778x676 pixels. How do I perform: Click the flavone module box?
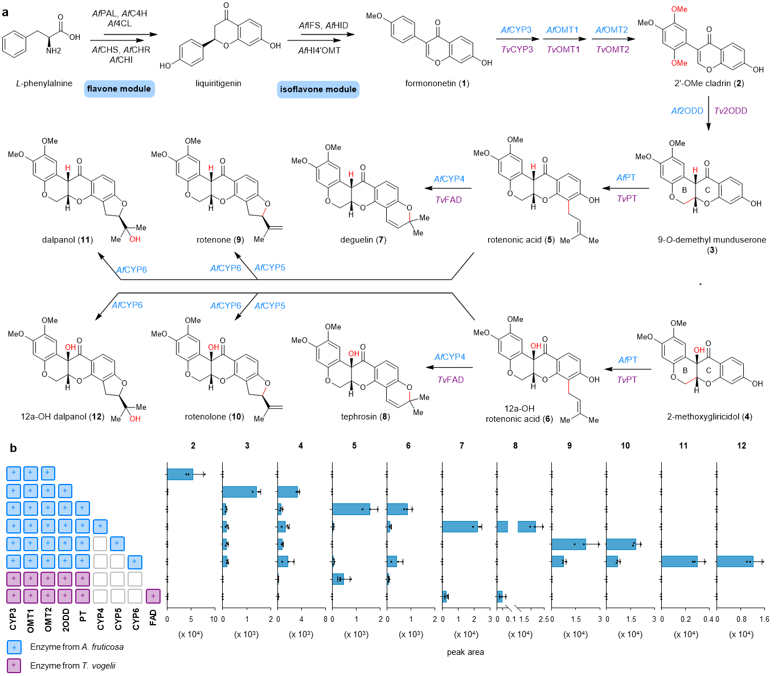click(119, 89)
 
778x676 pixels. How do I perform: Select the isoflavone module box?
click(318, 89)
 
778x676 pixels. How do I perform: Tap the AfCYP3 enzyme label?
click(516, 30)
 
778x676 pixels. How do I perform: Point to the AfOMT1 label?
click(562, 30)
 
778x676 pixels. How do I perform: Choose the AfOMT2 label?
click(612, 30)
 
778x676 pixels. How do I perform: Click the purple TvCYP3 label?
click(517, 50)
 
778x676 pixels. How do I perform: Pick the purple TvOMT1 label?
click(563, 50)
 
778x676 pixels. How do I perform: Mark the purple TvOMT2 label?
click(612, 50)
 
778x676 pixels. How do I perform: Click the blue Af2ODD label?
click(687, 111)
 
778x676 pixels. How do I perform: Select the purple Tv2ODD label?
click(731, 111)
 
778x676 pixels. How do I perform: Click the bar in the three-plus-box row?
click(180, 474)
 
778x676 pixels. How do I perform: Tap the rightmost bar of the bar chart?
click(735, 561)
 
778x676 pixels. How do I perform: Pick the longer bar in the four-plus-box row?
click(239, 492)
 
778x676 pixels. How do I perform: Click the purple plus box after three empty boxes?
click(153, 596)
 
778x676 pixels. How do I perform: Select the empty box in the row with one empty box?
click(100, 544)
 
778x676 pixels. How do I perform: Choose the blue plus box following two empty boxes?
click(134, 561)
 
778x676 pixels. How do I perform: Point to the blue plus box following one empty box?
click(117, 544)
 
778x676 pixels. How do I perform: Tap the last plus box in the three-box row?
click(48, 474)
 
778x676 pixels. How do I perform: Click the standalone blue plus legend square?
click(14, 648)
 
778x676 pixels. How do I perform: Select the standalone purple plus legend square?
click(14, 666)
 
